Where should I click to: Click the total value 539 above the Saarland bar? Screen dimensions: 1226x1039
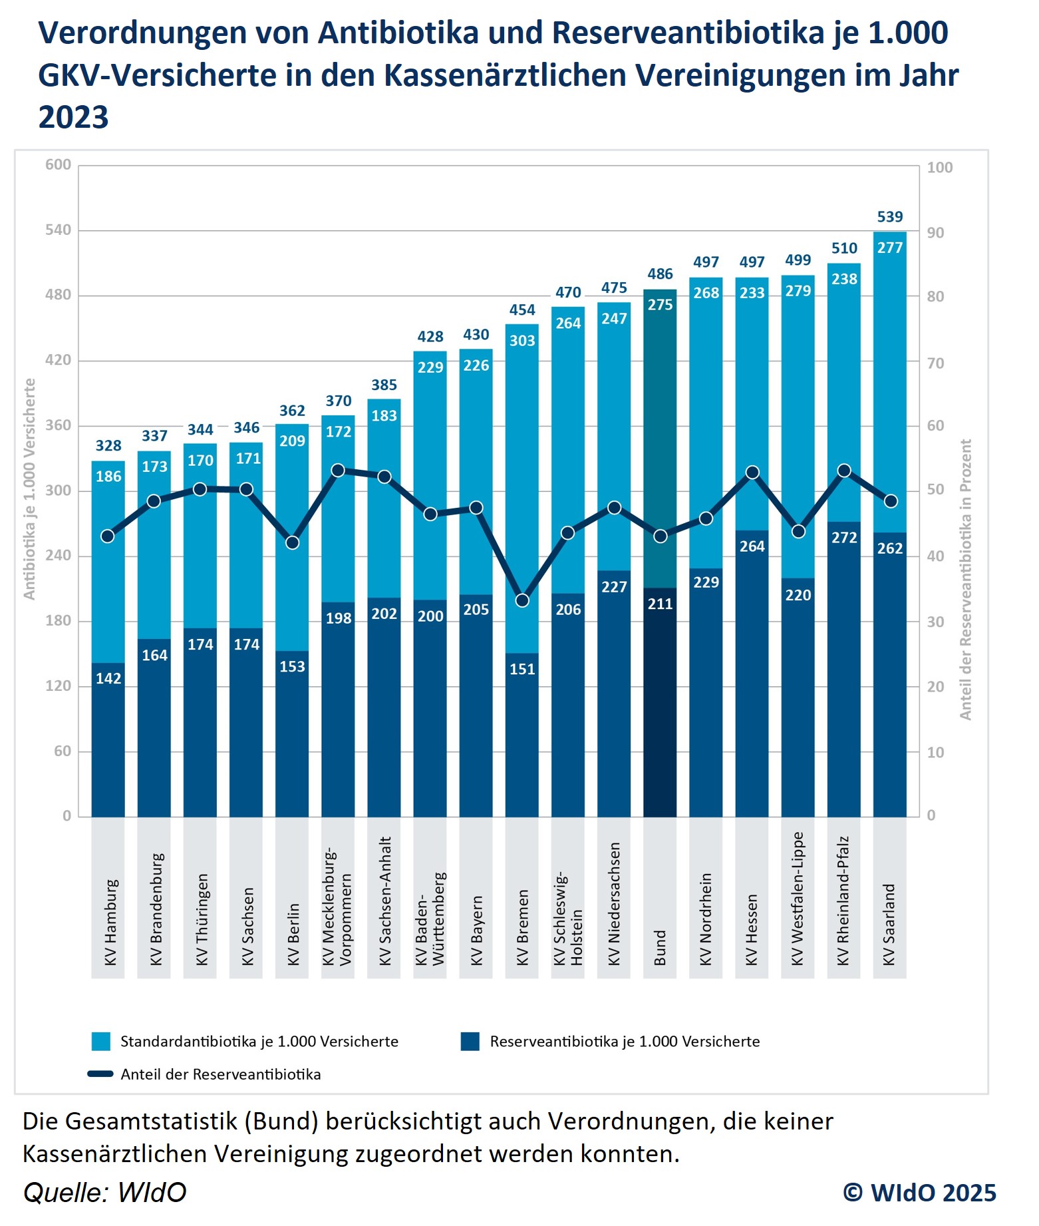click(x=889, y=217)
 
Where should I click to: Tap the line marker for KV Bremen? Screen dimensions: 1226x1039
click(x=522, y=600)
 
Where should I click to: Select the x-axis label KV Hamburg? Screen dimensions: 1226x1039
click(x=110, y=922)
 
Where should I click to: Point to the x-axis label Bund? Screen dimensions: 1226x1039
click(x=660, y=947)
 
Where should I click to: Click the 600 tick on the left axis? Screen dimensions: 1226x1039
click(x=58, y=164)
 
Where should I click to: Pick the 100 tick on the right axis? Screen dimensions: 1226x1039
click(x=939, y=167)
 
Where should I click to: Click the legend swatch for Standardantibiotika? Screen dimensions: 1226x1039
click(x=100, y=1042)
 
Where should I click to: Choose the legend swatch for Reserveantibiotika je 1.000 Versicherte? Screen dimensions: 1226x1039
click(x=470, y=1042)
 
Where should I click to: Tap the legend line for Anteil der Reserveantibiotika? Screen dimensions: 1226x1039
click(x=100, y=1074)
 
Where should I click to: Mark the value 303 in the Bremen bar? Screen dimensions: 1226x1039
click(x=522, y=341)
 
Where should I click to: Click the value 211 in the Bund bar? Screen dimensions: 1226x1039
click(x=660, y=604)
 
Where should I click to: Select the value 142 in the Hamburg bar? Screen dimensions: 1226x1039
click(x=108, y=678)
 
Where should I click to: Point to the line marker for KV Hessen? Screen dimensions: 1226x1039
click(x=752, y=473)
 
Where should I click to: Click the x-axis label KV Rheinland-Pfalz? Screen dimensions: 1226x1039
click(x=843, y=900)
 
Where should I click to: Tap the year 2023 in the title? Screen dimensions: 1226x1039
click(x=73, y=117)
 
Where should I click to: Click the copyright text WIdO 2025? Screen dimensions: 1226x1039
click(x=920, y=1193)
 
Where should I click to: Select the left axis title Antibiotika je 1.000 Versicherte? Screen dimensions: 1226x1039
click(x=29, y=489)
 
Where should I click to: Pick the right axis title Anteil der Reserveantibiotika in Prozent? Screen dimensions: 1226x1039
click(x=966, y=579)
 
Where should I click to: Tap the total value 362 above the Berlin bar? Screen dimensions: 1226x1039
click(x=292, y=411)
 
